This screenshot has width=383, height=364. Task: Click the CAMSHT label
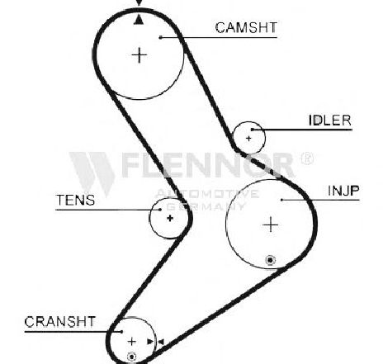246,27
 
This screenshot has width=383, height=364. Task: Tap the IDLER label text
330,121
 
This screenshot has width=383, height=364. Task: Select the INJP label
343,191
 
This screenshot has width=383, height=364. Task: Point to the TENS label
75,200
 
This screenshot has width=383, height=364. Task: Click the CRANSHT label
60,321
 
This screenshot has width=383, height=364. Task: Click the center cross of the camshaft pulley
139,55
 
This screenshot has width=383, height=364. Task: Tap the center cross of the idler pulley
248,139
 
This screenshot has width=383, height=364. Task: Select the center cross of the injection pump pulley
271,225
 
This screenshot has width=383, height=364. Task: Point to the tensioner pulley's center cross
170,218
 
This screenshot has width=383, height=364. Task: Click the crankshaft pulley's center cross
132,342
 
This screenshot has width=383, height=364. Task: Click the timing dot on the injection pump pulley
271,260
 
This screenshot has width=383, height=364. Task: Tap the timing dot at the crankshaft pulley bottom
132,357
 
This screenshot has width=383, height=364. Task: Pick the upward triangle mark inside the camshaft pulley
139,20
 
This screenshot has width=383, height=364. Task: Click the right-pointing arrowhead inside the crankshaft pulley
150,342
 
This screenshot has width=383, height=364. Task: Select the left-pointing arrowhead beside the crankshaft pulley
161,342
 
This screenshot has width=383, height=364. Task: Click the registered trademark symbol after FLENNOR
306,158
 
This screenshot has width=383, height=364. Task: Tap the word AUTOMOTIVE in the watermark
206,194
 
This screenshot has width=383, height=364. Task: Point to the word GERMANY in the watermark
206,206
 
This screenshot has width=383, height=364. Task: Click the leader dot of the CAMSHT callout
160,37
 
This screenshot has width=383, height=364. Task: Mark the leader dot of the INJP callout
281,200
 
